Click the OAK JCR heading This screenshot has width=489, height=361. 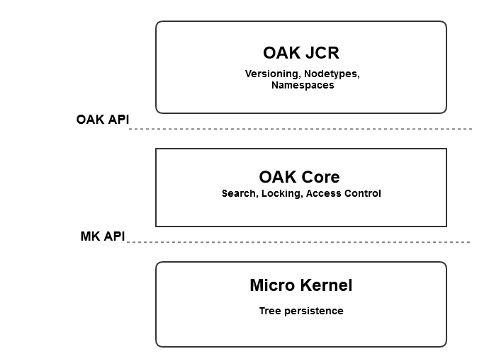click(x=301, y=53)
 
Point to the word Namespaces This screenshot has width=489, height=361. click(x=302, y=85)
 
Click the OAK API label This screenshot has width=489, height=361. click(x=102, y=120)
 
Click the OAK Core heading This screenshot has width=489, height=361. click(x=299, y=177)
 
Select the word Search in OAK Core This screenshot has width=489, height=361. click(x=238, y=193)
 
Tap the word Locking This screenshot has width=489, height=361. click(x=281, y=193)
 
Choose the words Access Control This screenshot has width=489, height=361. click(x=343, y=193)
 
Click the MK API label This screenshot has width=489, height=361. click(x=102, y=236)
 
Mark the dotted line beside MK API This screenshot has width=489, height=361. click(x=298, y=242)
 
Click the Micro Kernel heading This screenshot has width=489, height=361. click(x=300, y=285)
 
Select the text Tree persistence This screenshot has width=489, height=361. click(x=300, y=311)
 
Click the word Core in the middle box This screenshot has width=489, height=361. click(x=321, y=177)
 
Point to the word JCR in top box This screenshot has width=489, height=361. click(x=322, y=53)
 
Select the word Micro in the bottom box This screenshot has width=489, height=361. click(x=269, y=285)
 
